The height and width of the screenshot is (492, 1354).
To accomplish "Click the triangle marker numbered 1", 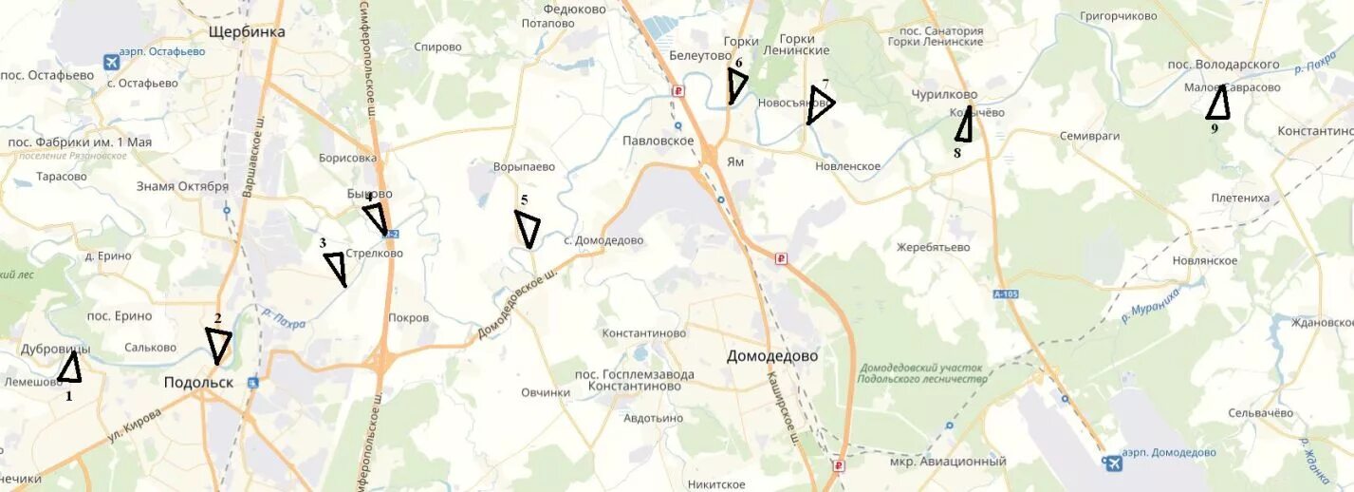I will [69, 369].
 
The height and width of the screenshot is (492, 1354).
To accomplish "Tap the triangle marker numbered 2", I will [218, 344].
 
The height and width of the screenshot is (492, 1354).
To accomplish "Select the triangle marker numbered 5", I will [528, 227].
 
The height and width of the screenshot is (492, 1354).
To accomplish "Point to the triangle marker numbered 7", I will [819, 104].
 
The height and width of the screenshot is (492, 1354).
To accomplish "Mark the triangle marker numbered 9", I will [1218, 104].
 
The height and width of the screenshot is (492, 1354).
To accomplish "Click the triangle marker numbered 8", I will [964, 124].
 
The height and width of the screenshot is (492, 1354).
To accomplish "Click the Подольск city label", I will [198, 382].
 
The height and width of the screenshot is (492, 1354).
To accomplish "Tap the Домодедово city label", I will [772, 356].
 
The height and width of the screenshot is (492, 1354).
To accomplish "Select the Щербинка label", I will [247, 31].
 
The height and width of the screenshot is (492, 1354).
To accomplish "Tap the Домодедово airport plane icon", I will [1111, 463].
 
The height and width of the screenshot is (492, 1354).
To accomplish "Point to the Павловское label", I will [658, 141].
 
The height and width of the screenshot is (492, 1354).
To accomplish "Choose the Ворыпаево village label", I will [524, 167].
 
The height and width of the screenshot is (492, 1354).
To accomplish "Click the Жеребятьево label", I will [934, 247].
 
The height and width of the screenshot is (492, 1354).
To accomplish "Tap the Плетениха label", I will [1240, 199].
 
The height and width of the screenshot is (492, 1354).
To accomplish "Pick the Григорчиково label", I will [1119, 16].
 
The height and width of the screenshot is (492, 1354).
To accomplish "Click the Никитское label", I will [716, 484].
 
